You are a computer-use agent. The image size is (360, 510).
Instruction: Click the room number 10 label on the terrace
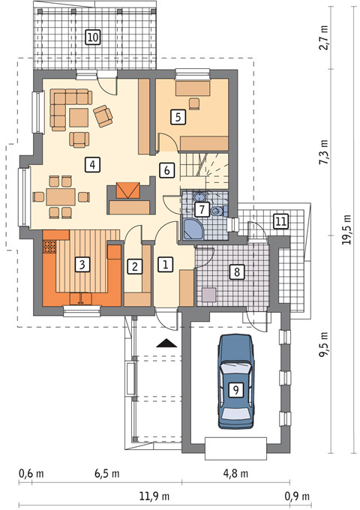coord(93,37)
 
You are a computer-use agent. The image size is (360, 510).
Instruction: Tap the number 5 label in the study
coord(178,117)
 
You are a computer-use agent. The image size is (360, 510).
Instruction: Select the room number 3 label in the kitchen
coord(82,265)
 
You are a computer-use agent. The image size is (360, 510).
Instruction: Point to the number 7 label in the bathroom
coord(202,209)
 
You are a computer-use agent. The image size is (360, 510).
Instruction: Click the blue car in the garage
coord(235,381)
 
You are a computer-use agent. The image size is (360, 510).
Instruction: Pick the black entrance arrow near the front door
coord(166,343)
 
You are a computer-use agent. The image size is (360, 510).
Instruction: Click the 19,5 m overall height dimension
coord(347,229)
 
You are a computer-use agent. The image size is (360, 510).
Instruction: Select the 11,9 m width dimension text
coord(154,496)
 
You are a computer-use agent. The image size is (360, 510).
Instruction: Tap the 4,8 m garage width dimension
coord(235,473)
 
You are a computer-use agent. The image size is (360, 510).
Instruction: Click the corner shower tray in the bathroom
coord(193,229)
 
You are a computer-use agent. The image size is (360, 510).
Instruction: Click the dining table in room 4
coord(61,196)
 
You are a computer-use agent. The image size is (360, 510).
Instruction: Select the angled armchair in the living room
coord(103,115)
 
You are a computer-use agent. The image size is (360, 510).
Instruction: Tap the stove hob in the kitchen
coord(49,247)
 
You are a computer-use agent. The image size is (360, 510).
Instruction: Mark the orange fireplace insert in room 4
coord(128,190)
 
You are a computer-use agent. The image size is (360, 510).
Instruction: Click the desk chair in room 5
coord(194,103)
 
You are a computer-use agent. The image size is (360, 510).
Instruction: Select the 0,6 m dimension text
coord(31,473)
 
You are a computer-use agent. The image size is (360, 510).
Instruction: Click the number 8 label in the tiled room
coord(237,271)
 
